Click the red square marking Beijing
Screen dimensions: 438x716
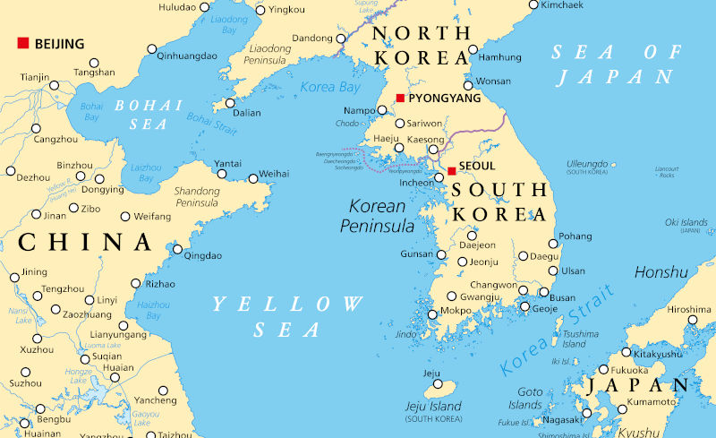(23, 43)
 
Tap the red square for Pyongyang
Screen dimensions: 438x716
(400, 98)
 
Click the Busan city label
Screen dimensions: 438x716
(562, 297)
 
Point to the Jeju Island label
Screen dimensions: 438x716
(433, 406)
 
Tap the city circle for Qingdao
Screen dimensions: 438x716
(177, 250)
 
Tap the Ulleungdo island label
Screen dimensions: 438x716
(586, 164)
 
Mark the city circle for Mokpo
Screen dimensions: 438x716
(432, 313)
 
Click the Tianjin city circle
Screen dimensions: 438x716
(55, 86)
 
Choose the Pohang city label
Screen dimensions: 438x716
(575, 236)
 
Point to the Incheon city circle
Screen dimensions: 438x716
(439, 177)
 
